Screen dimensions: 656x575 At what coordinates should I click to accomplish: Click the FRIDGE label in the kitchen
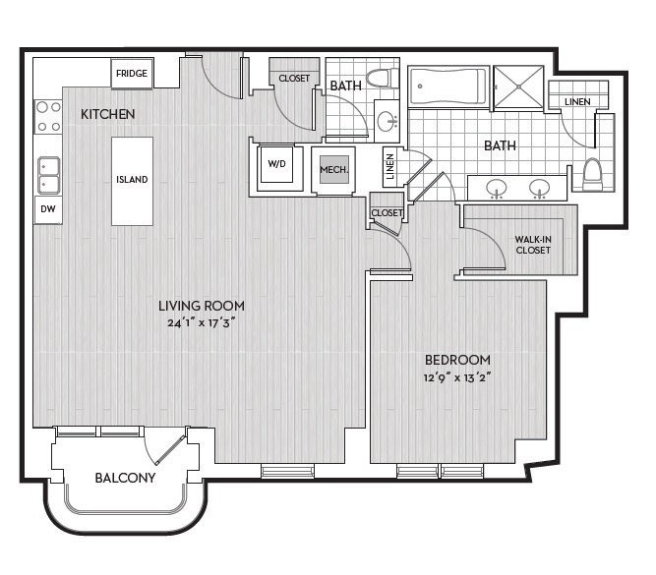pos(132,74)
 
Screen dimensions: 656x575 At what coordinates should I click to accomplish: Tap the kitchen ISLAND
pos(132,181)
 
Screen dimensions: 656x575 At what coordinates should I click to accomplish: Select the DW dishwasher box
pos(47,209)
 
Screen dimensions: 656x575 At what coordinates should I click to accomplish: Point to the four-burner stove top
pos(48,117)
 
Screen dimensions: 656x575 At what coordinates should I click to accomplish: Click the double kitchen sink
pos(49,175)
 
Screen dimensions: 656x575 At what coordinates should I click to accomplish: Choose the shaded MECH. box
pos(334,169)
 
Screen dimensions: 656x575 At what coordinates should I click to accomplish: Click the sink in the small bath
pos(388,121)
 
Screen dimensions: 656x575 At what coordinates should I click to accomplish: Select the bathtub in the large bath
pos(448,86)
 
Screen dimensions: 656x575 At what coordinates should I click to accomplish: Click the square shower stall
pos(518,86)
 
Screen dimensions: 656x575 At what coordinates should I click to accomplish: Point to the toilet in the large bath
pos(592,174)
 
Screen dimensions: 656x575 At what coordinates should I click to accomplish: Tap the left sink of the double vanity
pos(497,189)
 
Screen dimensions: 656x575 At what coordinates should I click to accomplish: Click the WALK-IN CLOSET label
pos(533,245)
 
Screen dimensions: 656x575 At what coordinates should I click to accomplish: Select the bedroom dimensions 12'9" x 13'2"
pos(457,378)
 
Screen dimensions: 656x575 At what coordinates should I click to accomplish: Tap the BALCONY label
pos(125,478)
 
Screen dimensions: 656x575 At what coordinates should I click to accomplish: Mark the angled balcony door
pos(170,450)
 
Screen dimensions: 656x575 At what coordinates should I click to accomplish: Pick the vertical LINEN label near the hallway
pos(389,166)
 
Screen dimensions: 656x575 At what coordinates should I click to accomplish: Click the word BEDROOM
pos(457,360)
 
